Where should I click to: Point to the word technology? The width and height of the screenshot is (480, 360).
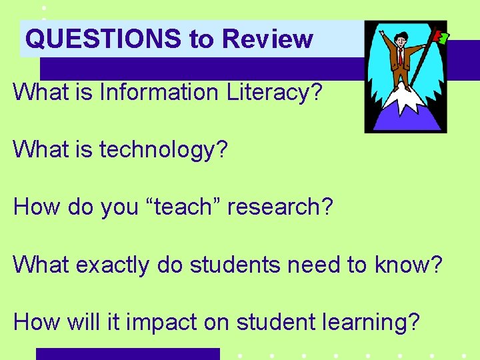[163, 149]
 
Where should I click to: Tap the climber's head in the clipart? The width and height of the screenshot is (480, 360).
[401, 39]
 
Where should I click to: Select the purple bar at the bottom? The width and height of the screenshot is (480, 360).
[127, 353]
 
